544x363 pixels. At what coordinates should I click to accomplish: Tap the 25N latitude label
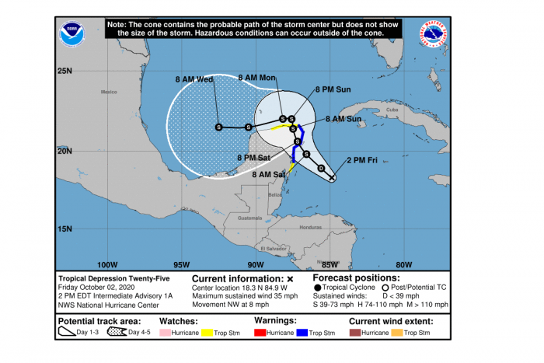pyautogui.click(x=65, y=72)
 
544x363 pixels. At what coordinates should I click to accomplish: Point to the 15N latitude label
pyautogui.click(x=65, y=229)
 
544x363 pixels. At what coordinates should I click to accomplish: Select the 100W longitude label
pyautogui.click(x=108, y=264)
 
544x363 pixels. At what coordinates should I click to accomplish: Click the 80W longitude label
pyautogui.click(x=403, y=264)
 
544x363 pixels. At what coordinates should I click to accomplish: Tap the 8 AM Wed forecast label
pyautogui.click(x=194, y=79)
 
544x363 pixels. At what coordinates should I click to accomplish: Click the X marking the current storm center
pyautogui.click(x=332, y=178)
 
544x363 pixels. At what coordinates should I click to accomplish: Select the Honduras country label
pyautogui.click(x=310, y=227)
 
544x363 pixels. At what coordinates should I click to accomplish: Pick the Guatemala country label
pyautogui.click(x=250, y=218)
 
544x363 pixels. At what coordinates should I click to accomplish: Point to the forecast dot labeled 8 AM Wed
pyautogui.click(x=218, y=127)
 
